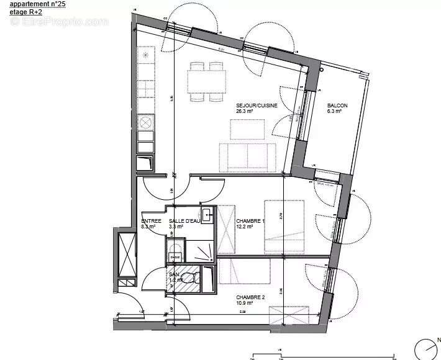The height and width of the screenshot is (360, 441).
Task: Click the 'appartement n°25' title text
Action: pyautogui.click(x=37, y=4)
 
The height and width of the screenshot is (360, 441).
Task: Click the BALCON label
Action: pyautogui.click(x=337, y=106)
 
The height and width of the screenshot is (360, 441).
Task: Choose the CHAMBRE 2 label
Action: pyautogui.click(x=250, y=297)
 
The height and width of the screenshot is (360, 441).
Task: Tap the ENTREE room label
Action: pyautogui.click(x=151, y=221)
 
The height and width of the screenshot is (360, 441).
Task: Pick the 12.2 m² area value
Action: pyautogui.click(x=245, y=227)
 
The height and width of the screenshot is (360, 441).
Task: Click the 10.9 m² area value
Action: pyautogui.click(x=245, y=304)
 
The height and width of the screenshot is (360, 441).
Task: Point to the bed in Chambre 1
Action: pyautogui.click(x=284, y=226)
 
